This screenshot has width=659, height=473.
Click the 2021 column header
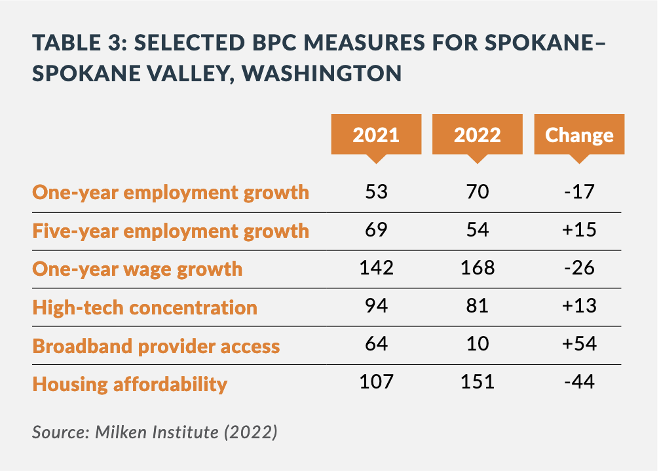tap(375, 135)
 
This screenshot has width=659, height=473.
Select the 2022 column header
tap(477, 135)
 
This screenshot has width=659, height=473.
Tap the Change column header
tap(579, 135)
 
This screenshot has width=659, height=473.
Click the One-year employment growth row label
tap(170, 193)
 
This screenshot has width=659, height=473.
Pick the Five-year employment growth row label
tap(170, 231)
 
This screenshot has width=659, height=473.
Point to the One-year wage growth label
tap(138, 269)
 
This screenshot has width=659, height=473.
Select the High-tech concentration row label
tap(145, 307)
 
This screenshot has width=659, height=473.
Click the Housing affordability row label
tap(130, 383)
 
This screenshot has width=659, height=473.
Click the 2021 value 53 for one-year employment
tap(376, 192)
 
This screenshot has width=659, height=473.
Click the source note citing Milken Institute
tap(155, 432)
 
